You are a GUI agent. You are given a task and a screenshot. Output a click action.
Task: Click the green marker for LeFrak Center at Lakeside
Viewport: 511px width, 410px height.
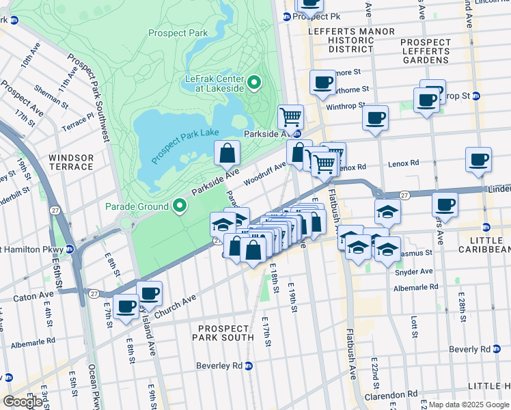pos(254,84)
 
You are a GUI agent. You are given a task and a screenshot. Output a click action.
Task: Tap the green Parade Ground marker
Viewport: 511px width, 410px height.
pos(180,206)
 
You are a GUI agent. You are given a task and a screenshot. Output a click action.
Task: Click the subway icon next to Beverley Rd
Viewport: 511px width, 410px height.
pos(249,366)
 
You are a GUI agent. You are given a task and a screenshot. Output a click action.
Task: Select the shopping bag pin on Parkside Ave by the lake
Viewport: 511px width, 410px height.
pos(227,154)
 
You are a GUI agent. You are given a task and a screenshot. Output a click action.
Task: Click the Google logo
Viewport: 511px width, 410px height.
pos(23,402)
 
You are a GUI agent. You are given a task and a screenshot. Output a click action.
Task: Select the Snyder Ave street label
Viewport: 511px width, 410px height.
pos(414,271)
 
